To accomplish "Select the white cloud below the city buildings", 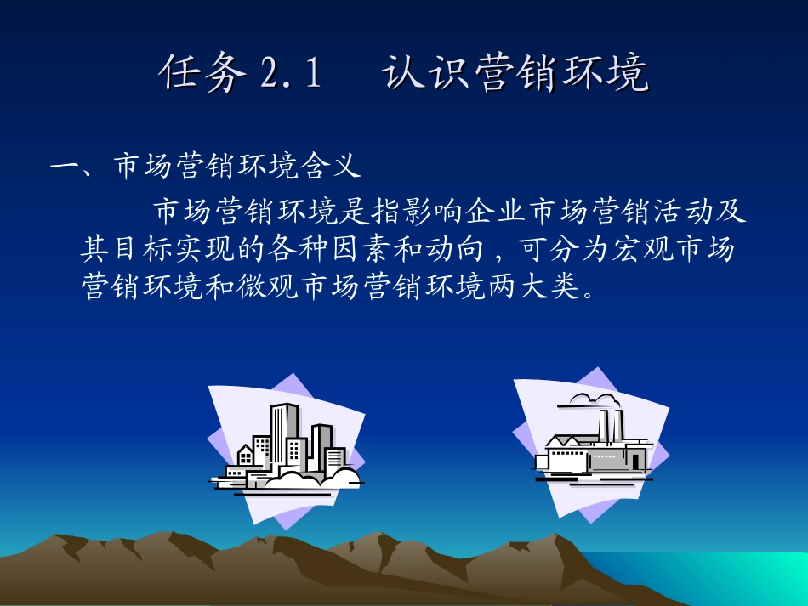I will coord(310,478).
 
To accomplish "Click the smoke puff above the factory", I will coord(592,399).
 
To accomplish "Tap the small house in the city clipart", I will coord(244,456).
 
